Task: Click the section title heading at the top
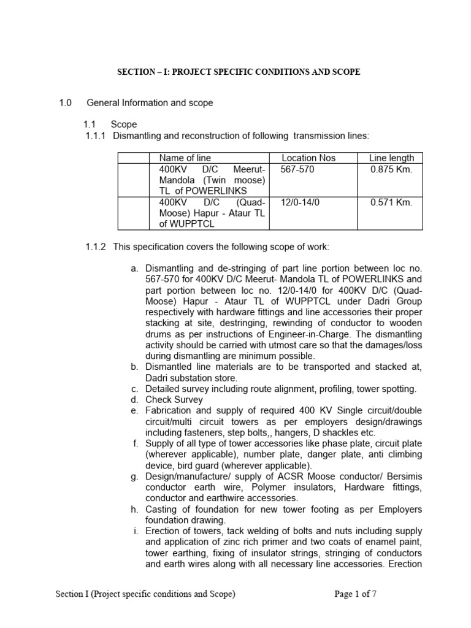[x=239, y=72]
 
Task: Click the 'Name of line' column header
[x=185, y=158]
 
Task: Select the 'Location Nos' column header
[x=308, y=158]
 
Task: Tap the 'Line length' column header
[x=391, y=158]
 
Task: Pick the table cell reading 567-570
[x=297, y=169]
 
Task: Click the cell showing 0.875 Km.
[x=391, y=169]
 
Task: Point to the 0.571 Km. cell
[x=391, y=202]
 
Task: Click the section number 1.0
[x=66, y=103]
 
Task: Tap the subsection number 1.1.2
[x=96, y=247]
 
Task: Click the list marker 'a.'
[x=134, y=269]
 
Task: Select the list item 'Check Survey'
[x=174, y=400]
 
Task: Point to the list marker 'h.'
[x=134, y=510]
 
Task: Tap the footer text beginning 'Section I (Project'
[x=145, y=594]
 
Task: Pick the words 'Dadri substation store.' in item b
[x=191, y=378]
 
